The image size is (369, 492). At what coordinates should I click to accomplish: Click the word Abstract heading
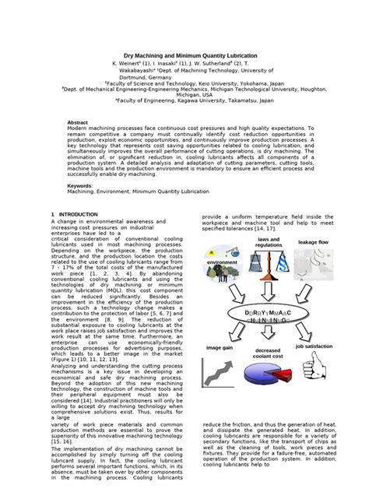click(79, 123)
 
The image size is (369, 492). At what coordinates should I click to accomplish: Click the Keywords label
click(82, 185)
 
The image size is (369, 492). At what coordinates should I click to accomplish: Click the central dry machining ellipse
click(270, 315)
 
